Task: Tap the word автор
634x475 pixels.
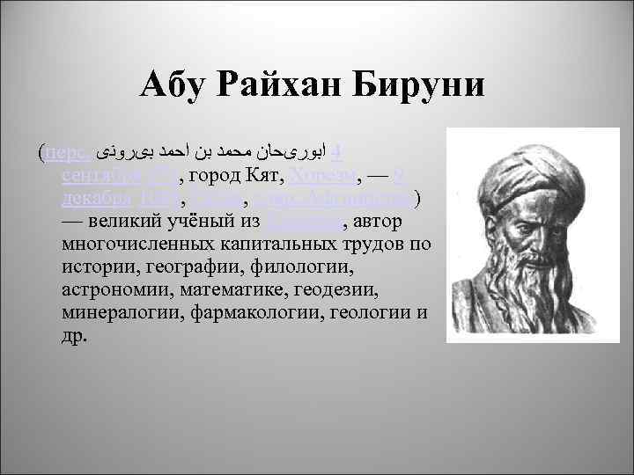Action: tap(378, 222)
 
